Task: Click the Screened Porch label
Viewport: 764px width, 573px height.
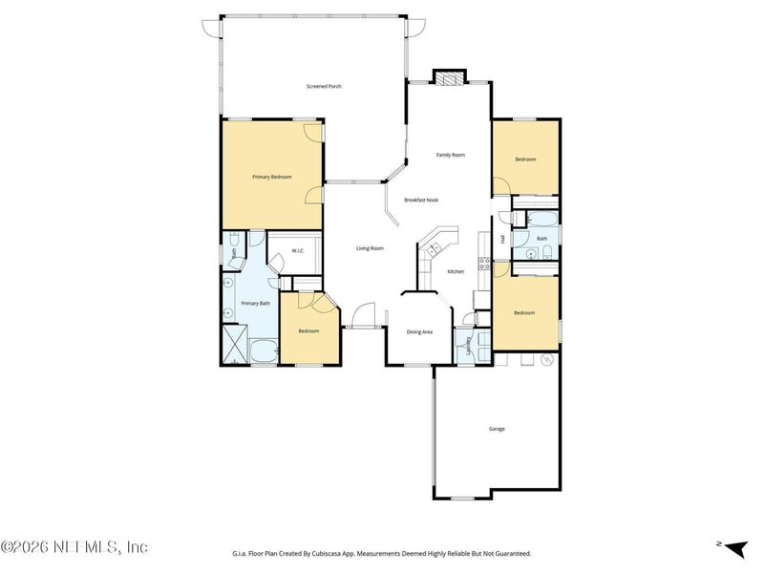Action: click(324, 87)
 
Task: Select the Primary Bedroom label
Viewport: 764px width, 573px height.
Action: click(271, 177)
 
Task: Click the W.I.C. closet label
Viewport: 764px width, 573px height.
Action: click(298, 252)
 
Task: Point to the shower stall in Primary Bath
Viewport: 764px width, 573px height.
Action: click(234, 343)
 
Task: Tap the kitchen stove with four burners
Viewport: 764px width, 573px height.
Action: click(484, 263)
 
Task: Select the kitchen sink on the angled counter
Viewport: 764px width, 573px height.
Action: click(435, 249)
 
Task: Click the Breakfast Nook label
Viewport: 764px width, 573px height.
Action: click(420, 200)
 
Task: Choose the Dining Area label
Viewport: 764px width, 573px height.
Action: click(420, 332)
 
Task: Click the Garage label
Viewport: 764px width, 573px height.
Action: click(497, 429)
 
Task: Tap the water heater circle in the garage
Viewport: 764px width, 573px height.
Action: click(547, 360)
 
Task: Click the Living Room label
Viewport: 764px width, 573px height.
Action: click(370, 248)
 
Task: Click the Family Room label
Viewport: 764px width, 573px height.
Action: click(451, 155)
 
